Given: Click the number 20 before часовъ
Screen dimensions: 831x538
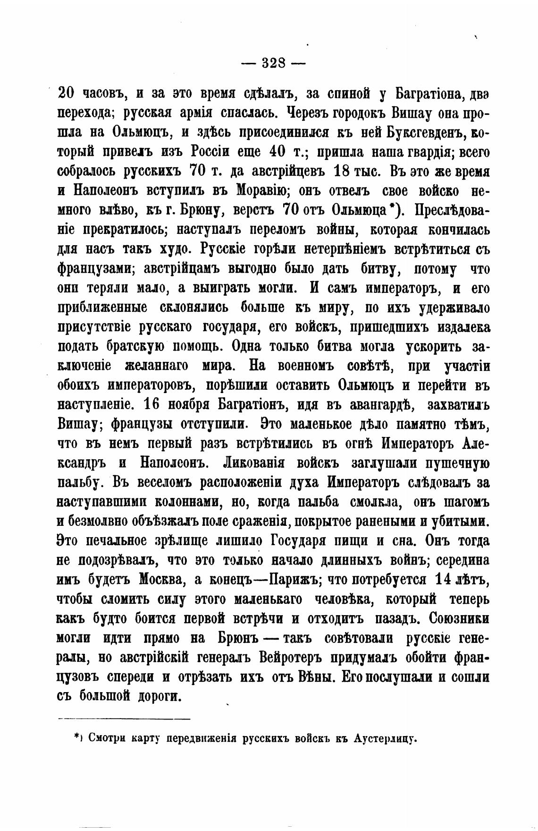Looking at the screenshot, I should coord(65,94).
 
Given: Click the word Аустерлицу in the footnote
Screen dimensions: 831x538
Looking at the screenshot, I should coord(385,738).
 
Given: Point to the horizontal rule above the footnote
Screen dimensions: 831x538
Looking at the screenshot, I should coord(124,719).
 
